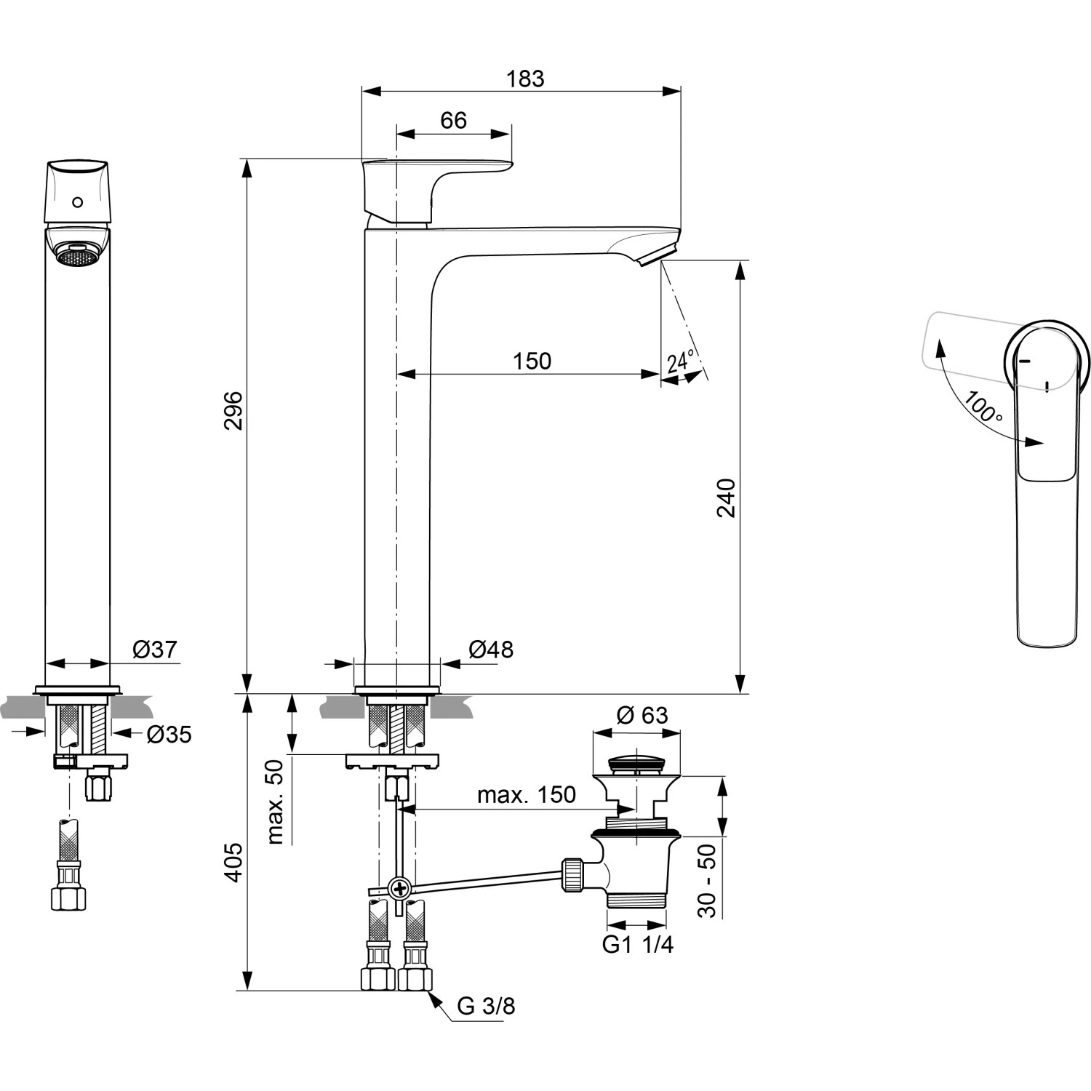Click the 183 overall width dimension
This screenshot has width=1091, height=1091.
click(x=525, y=79)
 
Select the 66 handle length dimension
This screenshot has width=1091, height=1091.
click(x=453, y=121)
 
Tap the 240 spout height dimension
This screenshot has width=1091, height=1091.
click(x=727, y=497)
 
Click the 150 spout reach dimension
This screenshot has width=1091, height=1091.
click(x=532, y=361)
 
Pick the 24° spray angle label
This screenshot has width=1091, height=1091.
click(x=681, y=361)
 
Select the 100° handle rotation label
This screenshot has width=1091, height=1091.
click(x=984, y=407)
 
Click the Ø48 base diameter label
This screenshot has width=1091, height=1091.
click(x=490, y=650)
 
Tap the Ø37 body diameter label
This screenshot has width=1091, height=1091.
click(x=154, y=650)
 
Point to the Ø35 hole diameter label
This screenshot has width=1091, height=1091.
click(x=168, y=735)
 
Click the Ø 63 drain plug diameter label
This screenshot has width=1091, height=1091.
click(x=642, y=716)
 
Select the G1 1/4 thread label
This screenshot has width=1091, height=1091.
click(x=637, y=945)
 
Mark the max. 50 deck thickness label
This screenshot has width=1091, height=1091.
click(x=275, y=802)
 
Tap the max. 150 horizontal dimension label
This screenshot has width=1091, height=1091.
click(x=526, y=795)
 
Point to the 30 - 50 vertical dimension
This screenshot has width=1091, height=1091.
click(x=707, y=880)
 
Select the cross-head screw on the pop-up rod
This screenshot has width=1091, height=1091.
click(x=399, y=888)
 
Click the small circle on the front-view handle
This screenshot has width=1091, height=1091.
click(x=78, y=201)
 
